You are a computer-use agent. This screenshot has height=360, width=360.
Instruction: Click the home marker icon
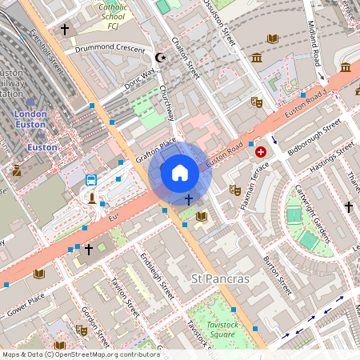(x=180, y=173)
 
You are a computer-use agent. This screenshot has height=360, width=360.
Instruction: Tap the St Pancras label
(x=221, y=279)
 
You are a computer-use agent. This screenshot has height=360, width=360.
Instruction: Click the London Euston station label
(x=30, y=119)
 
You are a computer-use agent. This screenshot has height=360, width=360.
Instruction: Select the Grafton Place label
(x=155, y=150)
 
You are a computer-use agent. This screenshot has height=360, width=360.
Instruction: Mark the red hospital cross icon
(x=260, y=151)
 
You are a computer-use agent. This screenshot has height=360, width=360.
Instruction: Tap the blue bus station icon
(x=91, y=180)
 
